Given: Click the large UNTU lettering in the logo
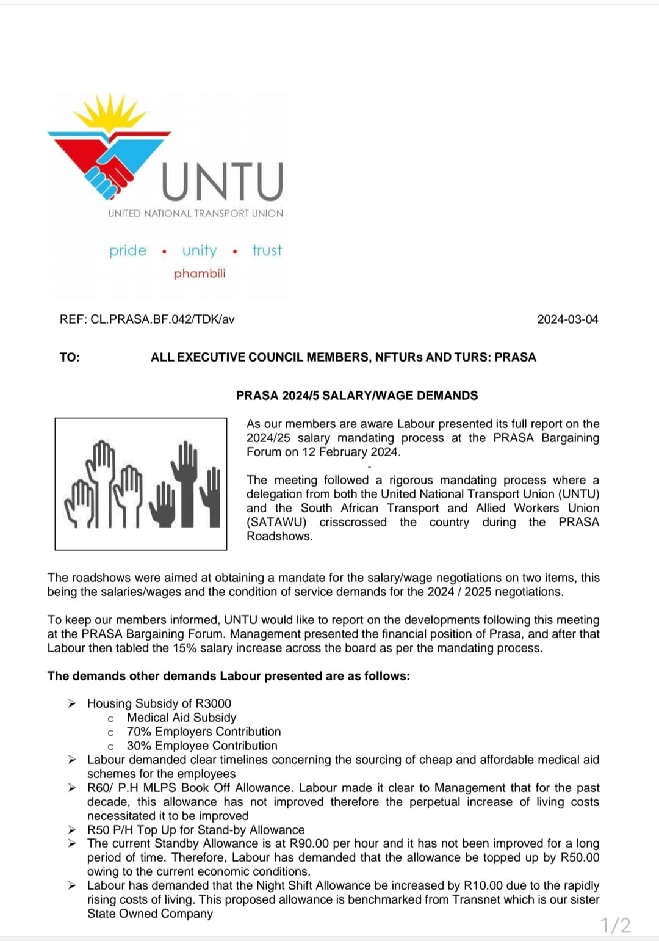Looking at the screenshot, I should [x=222, y=182].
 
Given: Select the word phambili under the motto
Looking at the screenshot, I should [x=200, y=274].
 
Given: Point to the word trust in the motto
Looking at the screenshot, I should [x=267, y=250].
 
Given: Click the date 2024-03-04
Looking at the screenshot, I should [x=567, y=319].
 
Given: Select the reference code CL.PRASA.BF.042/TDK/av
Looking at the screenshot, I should [x=162, y=319].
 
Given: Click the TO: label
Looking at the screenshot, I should [x=70, y=357].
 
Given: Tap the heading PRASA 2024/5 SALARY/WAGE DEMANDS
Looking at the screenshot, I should [x=357, y=396].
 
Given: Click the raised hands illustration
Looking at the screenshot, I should [x=141, y=484].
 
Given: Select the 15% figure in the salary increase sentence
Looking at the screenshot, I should [x=184, y=648].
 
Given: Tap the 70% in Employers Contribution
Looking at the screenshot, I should [x=139, y=732].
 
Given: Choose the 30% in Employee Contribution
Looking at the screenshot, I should [x=139, y=746].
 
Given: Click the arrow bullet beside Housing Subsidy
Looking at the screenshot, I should [x=72, y=703].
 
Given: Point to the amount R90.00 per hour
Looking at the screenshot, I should [x=309, y=843].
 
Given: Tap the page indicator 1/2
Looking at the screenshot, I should [x=616, y=925].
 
